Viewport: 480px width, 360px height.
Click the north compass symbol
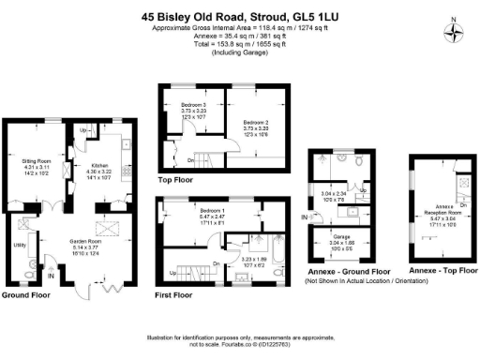coord(455,34)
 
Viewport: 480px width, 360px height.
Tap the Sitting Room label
coord(37,167)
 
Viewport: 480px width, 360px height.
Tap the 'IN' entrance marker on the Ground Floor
coord(51,277)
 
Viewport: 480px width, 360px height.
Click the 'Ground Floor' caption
coord(25,294)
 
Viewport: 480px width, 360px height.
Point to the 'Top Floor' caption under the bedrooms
coord(177,178)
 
